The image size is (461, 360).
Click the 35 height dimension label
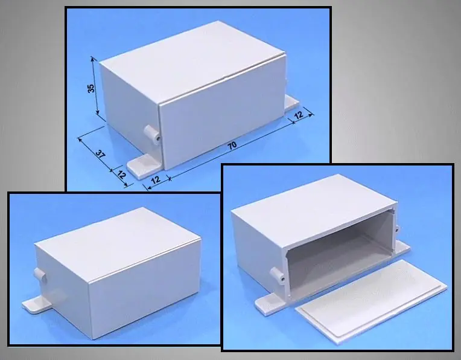(91, 88)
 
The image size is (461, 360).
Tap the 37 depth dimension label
(100, 153)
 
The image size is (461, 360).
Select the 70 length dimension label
(232, 146)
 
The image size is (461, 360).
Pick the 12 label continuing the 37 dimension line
(121, 175)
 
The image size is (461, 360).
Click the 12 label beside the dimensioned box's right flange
(299, 114)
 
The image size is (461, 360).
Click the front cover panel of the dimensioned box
(222, 113)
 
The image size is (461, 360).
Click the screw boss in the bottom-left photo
(40, 275)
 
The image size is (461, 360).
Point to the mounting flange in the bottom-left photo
(36, 304)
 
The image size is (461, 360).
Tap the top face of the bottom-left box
(118, 243)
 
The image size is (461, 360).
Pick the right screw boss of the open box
(397, 230)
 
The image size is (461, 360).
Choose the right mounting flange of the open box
(403, 246)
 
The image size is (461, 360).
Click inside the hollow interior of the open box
(338, 250)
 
